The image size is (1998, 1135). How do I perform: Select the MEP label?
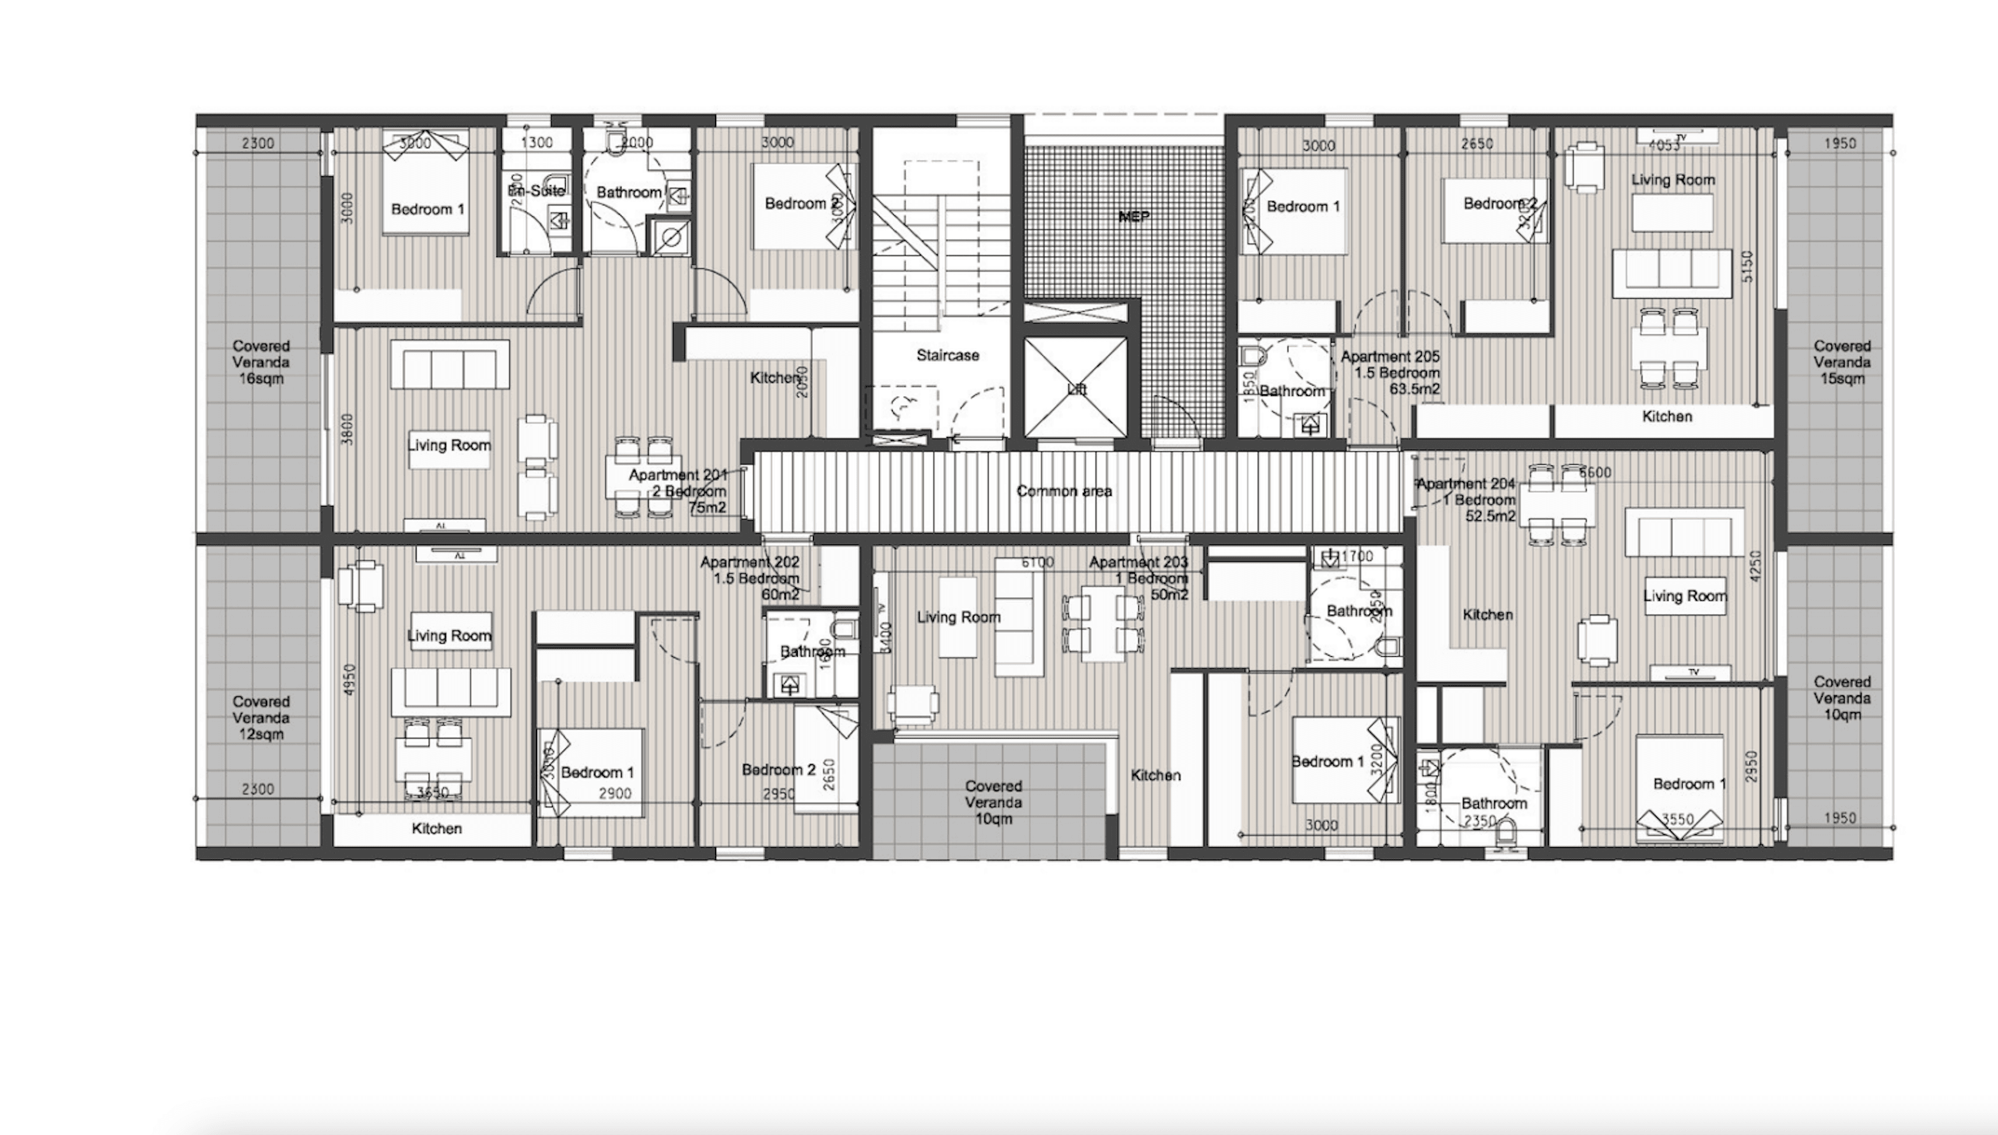click(x=1133, y=217)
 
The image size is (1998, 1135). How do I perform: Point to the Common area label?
click(x=1064, y=491)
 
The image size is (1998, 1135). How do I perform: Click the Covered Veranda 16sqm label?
click(x=261, y=362)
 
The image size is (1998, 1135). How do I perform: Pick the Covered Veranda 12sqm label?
click(x=261, y=718)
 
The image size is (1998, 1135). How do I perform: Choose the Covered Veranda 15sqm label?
click(x=1841, y=362)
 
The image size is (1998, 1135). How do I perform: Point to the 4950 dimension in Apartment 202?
click(x=348, y=681)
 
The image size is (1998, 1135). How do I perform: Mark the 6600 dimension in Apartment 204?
click(x=1594, y=472)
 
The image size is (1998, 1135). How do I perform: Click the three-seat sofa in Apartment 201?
click(x=450, y=366)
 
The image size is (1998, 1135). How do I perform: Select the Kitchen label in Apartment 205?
click(x=1667, y=416)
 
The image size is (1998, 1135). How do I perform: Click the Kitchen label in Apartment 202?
click(x=436, y=829)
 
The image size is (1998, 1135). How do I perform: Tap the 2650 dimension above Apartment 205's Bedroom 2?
click(x=1477, y=144)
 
